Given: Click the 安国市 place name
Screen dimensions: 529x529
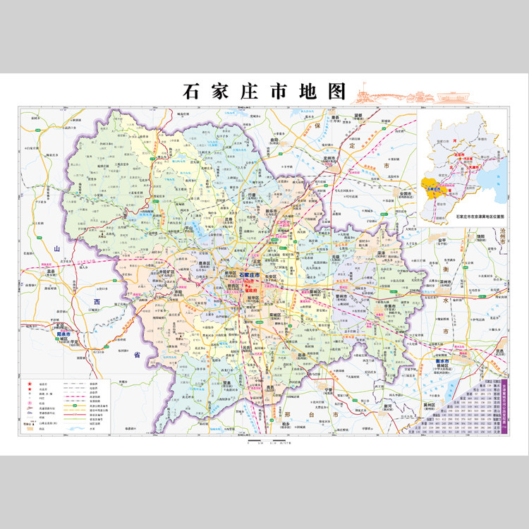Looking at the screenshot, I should point(406,193).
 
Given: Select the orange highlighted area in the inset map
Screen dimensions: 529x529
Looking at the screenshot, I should point(434,189).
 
